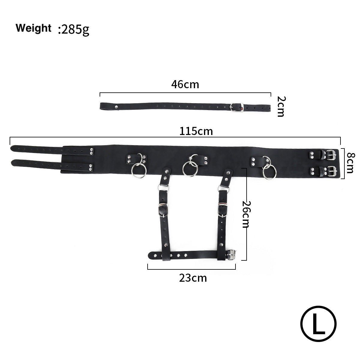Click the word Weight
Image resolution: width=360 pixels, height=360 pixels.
coord(33,28)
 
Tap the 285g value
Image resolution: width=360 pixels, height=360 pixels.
coord(74,30)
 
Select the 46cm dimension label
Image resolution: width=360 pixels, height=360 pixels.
coord(185,85)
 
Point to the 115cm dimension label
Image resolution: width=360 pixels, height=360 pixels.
coord(196,131)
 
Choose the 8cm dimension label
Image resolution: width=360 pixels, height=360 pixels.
coord(350,163)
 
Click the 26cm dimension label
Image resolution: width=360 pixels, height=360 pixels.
coord(246,214)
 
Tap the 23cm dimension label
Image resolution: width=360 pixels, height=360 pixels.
coord(193,278)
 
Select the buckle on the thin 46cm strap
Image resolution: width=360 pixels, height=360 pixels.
coord(236,107)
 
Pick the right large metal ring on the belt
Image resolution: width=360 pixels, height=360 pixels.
coord(269,172)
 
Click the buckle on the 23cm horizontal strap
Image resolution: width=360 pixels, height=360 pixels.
coord(231,255)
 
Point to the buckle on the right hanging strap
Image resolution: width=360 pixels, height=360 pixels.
coord(223,208)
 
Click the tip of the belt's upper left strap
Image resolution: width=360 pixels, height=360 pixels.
coord(13,148)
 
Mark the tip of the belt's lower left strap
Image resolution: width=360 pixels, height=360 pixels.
coord(13,163)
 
